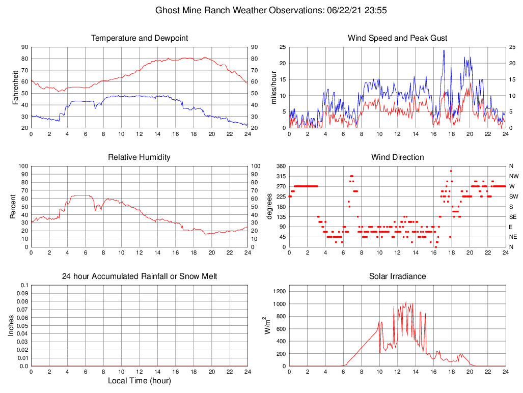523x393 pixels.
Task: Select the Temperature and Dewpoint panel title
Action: click(139, 38)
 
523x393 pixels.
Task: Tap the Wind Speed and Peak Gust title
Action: click(397, 38)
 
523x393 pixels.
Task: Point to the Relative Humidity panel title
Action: click(139, 157)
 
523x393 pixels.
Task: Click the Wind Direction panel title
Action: click(397, 157)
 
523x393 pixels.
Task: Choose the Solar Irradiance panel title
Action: click(397, 276)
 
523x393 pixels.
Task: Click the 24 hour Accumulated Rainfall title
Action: click(139, 276)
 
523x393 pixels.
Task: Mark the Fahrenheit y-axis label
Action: click(15, 88)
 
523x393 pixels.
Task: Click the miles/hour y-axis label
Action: click(273, 88)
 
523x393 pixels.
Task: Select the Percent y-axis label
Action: click(12, 207)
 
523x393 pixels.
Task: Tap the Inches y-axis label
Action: click(11, 326)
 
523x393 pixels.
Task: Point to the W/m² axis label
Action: click(266, 326)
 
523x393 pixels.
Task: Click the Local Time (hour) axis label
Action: click(139, 381)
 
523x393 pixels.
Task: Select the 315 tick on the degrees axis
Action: click(280, 176)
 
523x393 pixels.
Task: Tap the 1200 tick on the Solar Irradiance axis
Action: click(279, 291)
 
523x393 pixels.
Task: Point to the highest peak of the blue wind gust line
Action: click(444, 50)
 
